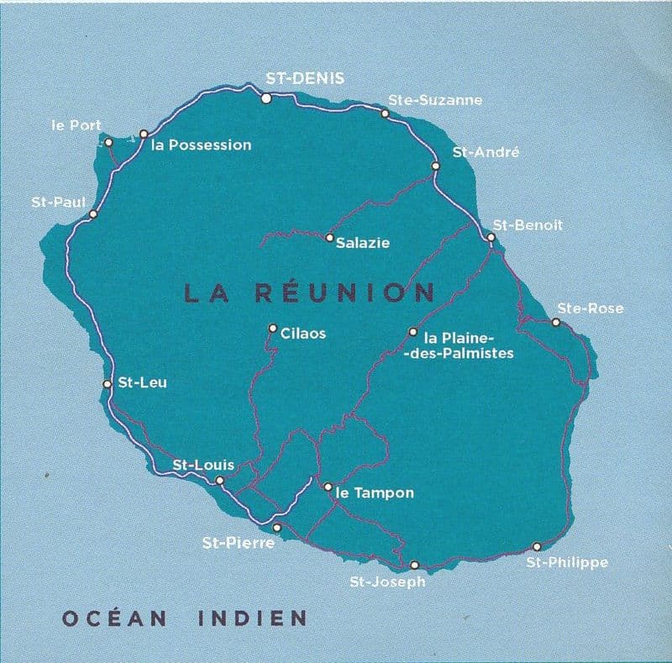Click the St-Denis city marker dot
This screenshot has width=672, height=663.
point(265,99)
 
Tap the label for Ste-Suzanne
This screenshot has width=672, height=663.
point(434,100)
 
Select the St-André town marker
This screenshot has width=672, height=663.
point(435,166)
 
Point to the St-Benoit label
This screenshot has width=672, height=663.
point(528,225)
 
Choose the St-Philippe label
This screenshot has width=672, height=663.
point(566,562)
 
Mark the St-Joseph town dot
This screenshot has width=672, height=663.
point(413,565)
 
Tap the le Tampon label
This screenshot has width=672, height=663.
point(375,493)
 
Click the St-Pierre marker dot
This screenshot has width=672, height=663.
point(277,528)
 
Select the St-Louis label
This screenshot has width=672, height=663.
point(203,465)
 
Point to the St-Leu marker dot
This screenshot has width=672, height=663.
point(107,384)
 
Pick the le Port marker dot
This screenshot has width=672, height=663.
point(108,142)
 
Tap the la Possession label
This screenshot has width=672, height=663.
point(202,145)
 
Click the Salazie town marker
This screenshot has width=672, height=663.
point(329,238)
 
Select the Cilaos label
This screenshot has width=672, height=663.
point(303,334)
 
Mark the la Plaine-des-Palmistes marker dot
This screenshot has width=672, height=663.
point(412,332)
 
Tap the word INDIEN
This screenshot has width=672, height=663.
point(252,619)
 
